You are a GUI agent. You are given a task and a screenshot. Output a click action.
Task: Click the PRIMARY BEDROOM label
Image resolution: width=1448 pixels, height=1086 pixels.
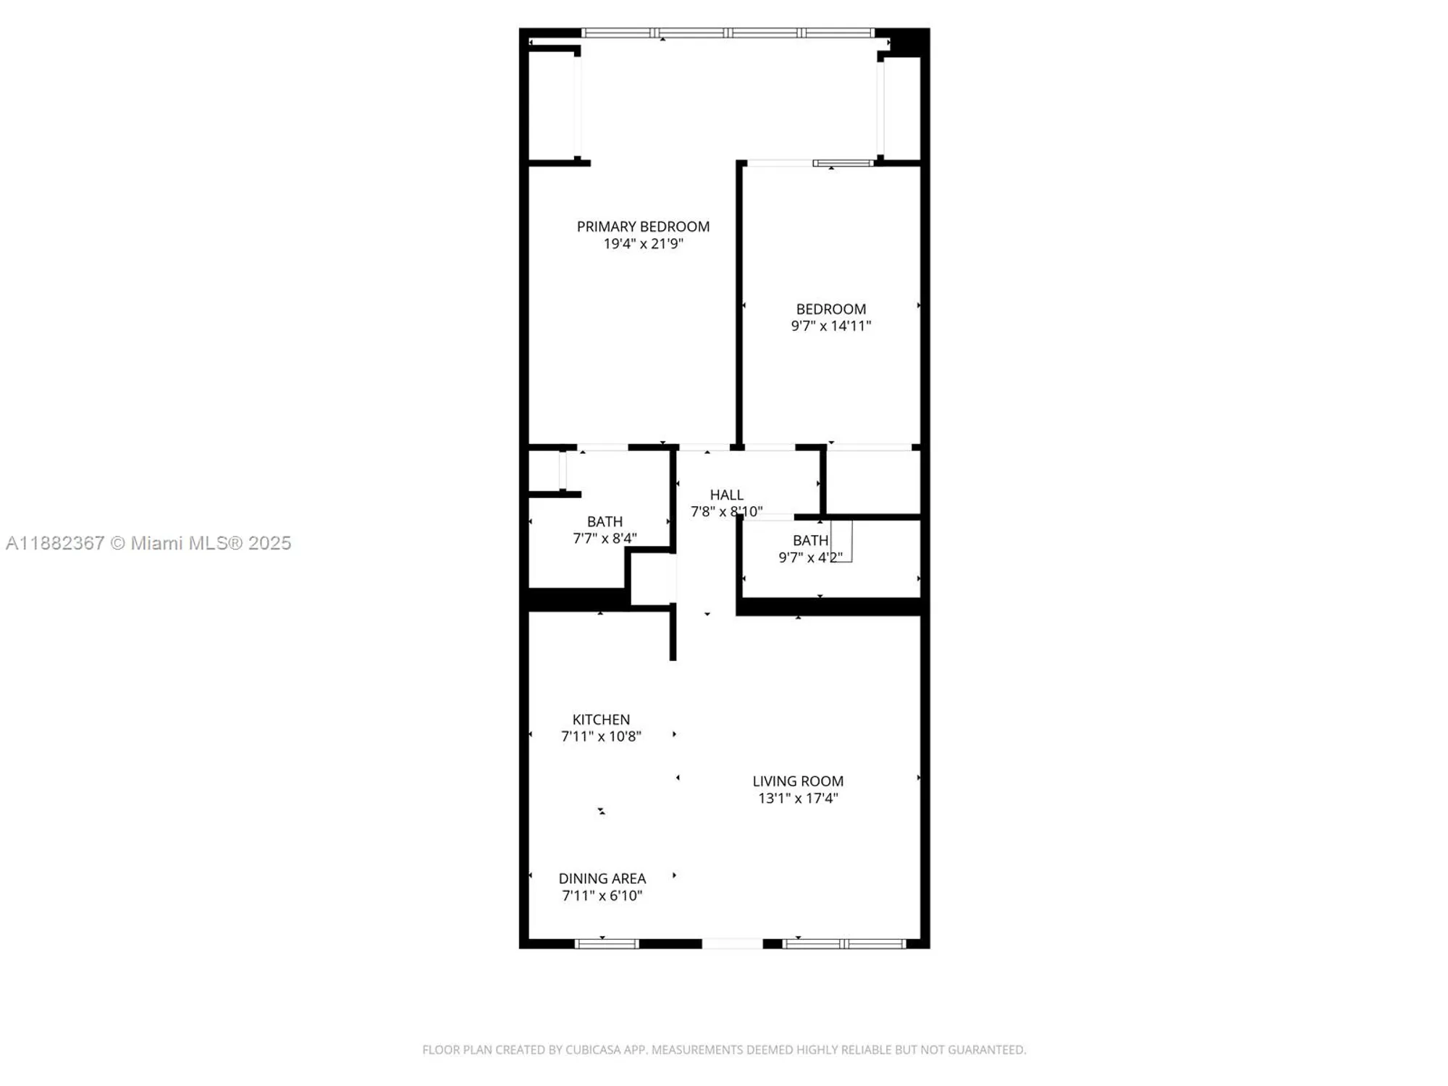(643, 227)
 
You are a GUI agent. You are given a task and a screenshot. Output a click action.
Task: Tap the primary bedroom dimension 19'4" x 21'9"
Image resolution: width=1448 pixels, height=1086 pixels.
(643, 244)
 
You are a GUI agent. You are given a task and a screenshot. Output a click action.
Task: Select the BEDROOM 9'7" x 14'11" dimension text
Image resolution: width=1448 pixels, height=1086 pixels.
(830, 326)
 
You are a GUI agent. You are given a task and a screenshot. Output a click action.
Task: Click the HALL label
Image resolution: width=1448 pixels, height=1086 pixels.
(726, 494)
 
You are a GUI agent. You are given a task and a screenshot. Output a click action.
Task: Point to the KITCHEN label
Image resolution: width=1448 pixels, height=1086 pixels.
(601, 720)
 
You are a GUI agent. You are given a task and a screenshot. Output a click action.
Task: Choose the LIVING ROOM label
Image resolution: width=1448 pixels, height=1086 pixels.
(798, 781)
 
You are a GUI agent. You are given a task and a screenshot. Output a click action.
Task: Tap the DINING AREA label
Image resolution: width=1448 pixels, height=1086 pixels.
(602, 878)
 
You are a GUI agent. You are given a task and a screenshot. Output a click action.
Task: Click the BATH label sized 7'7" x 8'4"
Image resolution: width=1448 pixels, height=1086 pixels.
(605, 521)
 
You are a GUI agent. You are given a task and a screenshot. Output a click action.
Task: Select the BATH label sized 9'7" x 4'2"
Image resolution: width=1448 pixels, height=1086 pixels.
(810, 540)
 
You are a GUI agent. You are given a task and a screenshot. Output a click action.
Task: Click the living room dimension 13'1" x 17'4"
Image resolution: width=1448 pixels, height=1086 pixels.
(798, 799)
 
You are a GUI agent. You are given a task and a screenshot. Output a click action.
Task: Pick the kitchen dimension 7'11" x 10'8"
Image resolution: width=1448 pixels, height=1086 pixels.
(601, 736)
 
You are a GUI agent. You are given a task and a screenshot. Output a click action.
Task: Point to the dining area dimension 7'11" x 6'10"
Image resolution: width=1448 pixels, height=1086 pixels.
(602, 896)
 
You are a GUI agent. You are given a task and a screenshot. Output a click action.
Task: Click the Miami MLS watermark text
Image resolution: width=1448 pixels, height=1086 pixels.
(148, 543)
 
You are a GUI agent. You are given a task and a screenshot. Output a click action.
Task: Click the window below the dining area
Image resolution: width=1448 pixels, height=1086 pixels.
(607, 943)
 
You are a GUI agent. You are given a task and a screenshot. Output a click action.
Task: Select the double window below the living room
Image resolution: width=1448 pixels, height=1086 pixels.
(845, 943)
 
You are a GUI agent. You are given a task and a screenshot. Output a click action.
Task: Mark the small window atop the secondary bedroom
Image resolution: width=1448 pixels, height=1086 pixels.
(843, 164)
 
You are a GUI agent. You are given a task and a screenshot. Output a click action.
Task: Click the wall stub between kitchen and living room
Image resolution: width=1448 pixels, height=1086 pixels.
(673, 633)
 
